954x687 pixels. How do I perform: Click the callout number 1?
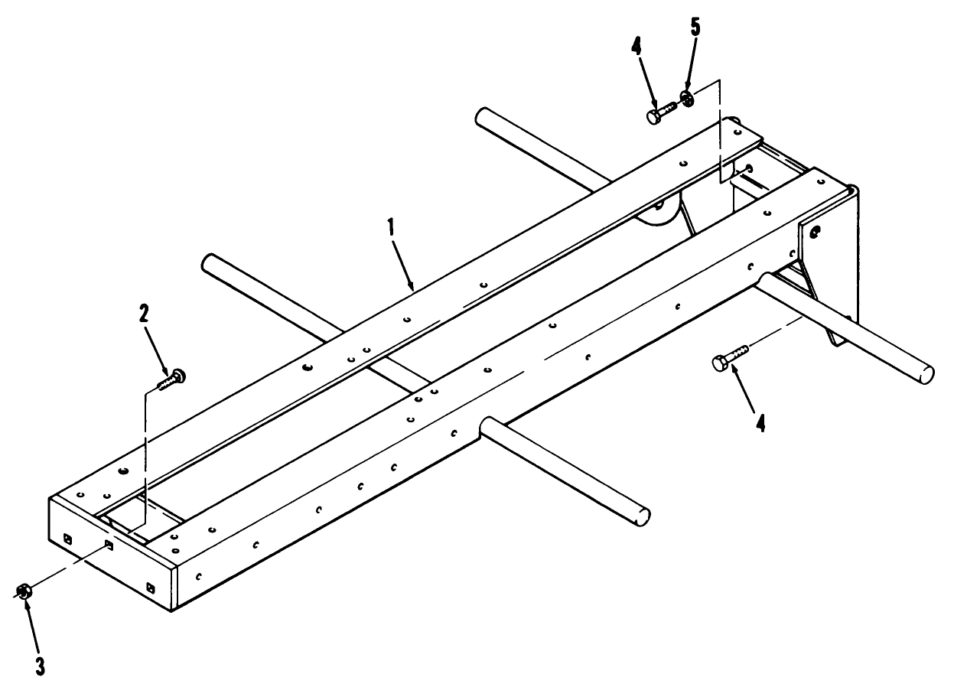(390, 227)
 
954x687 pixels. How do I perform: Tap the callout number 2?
(143, 314)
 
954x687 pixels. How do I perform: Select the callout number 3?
(40, 666)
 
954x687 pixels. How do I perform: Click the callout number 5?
(695, 28)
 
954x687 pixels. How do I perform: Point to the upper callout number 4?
(636, 46)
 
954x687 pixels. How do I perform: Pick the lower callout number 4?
(760, 423)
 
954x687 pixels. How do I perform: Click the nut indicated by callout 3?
(23, 591)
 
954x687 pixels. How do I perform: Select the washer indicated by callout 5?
(687, 99)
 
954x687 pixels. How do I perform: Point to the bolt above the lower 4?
(730, 357)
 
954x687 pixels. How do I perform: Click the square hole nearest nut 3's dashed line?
(109, 545)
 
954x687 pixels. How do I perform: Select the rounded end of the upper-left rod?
(209, 262)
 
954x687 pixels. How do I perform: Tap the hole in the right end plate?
(816, 232)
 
